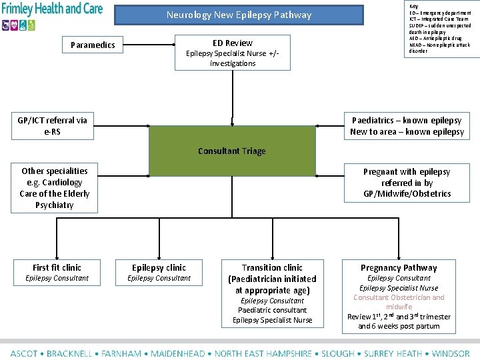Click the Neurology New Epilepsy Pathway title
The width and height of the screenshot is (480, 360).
239,15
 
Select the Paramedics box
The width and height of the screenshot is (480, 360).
93,45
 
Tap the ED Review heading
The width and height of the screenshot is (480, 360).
233,43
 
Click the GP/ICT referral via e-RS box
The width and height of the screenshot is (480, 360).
52,126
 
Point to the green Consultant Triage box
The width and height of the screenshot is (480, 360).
231,151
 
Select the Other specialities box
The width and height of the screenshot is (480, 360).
54,188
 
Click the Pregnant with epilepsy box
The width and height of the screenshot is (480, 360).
407,182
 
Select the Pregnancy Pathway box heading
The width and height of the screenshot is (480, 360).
399,268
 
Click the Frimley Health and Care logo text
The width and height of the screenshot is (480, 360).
52,9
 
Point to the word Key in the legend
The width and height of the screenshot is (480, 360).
414,6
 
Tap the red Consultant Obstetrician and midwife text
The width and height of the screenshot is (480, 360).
399,302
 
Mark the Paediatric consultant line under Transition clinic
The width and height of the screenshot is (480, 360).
272,310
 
